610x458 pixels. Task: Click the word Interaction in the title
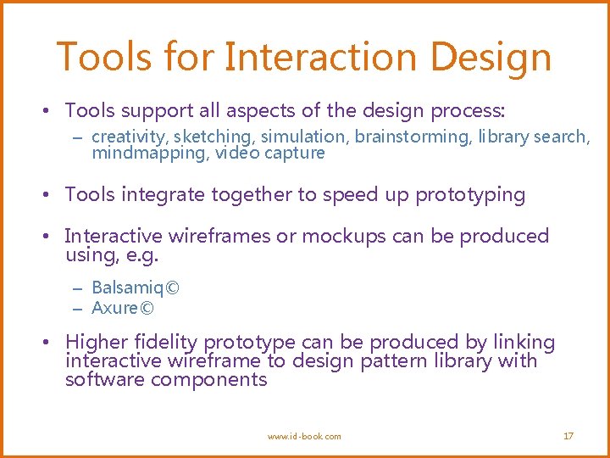(x=322, y=57)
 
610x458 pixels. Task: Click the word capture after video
(x=294, y=154)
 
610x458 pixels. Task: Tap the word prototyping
(x=470, y=195)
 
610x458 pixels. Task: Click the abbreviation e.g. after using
(x=141, y=254)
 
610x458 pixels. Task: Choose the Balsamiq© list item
(x=135, y=288)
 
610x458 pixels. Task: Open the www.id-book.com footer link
(x=304, y=436)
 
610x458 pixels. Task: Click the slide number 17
(x=568, y=436)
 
